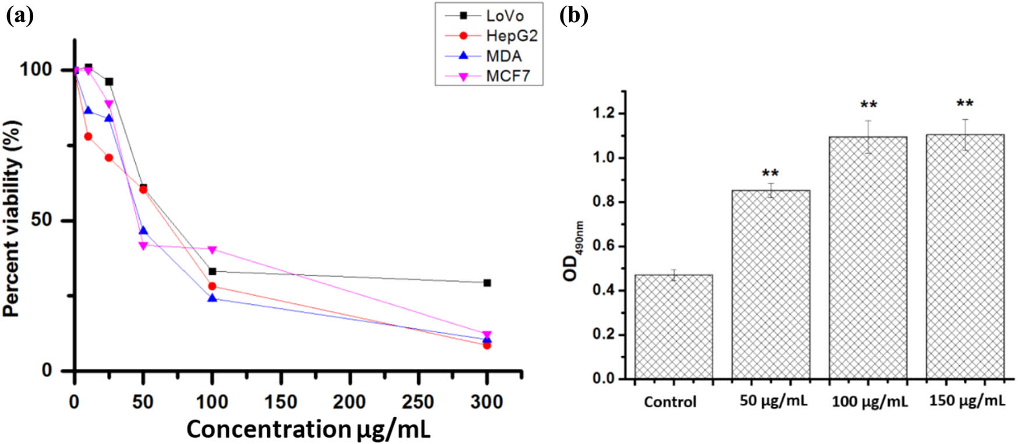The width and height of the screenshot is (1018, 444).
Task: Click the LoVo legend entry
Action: point(504,16)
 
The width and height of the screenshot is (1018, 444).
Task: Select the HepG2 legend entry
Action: point(511,35)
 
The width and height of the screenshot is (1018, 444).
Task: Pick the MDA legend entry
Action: point(503,56)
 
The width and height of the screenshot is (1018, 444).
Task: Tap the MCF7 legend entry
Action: point(508,76)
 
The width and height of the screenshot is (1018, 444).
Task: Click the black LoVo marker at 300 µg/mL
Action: point(487,283)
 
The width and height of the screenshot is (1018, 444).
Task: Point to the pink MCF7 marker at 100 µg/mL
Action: point(212,250)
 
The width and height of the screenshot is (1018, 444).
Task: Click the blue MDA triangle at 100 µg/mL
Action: point(212,299)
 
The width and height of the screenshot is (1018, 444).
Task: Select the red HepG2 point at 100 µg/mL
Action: point(212,286)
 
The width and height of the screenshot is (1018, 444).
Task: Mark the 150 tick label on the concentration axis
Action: point(281,402)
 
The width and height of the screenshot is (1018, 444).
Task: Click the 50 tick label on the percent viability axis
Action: point(44,221)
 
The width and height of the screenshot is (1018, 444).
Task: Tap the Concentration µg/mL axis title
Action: point(308,429)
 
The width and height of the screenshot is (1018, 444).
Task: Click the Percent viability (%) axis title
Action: point(13,218)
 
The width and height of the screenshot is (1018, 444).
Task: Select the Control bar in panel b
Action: point(673,326)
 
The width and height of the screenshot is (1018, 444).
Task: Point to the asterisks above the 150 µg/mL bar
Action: point(965,104)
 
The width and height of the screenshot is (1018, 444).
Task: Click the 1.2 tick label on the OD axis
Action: point(602,113)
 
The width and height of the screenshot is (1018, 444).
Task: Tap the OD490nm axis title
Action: point(573,250)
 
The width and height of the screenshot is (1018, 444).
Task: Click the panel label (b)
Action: point(574,16)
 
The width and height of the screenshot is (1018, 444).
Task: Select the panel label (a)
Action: point(19,16)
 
